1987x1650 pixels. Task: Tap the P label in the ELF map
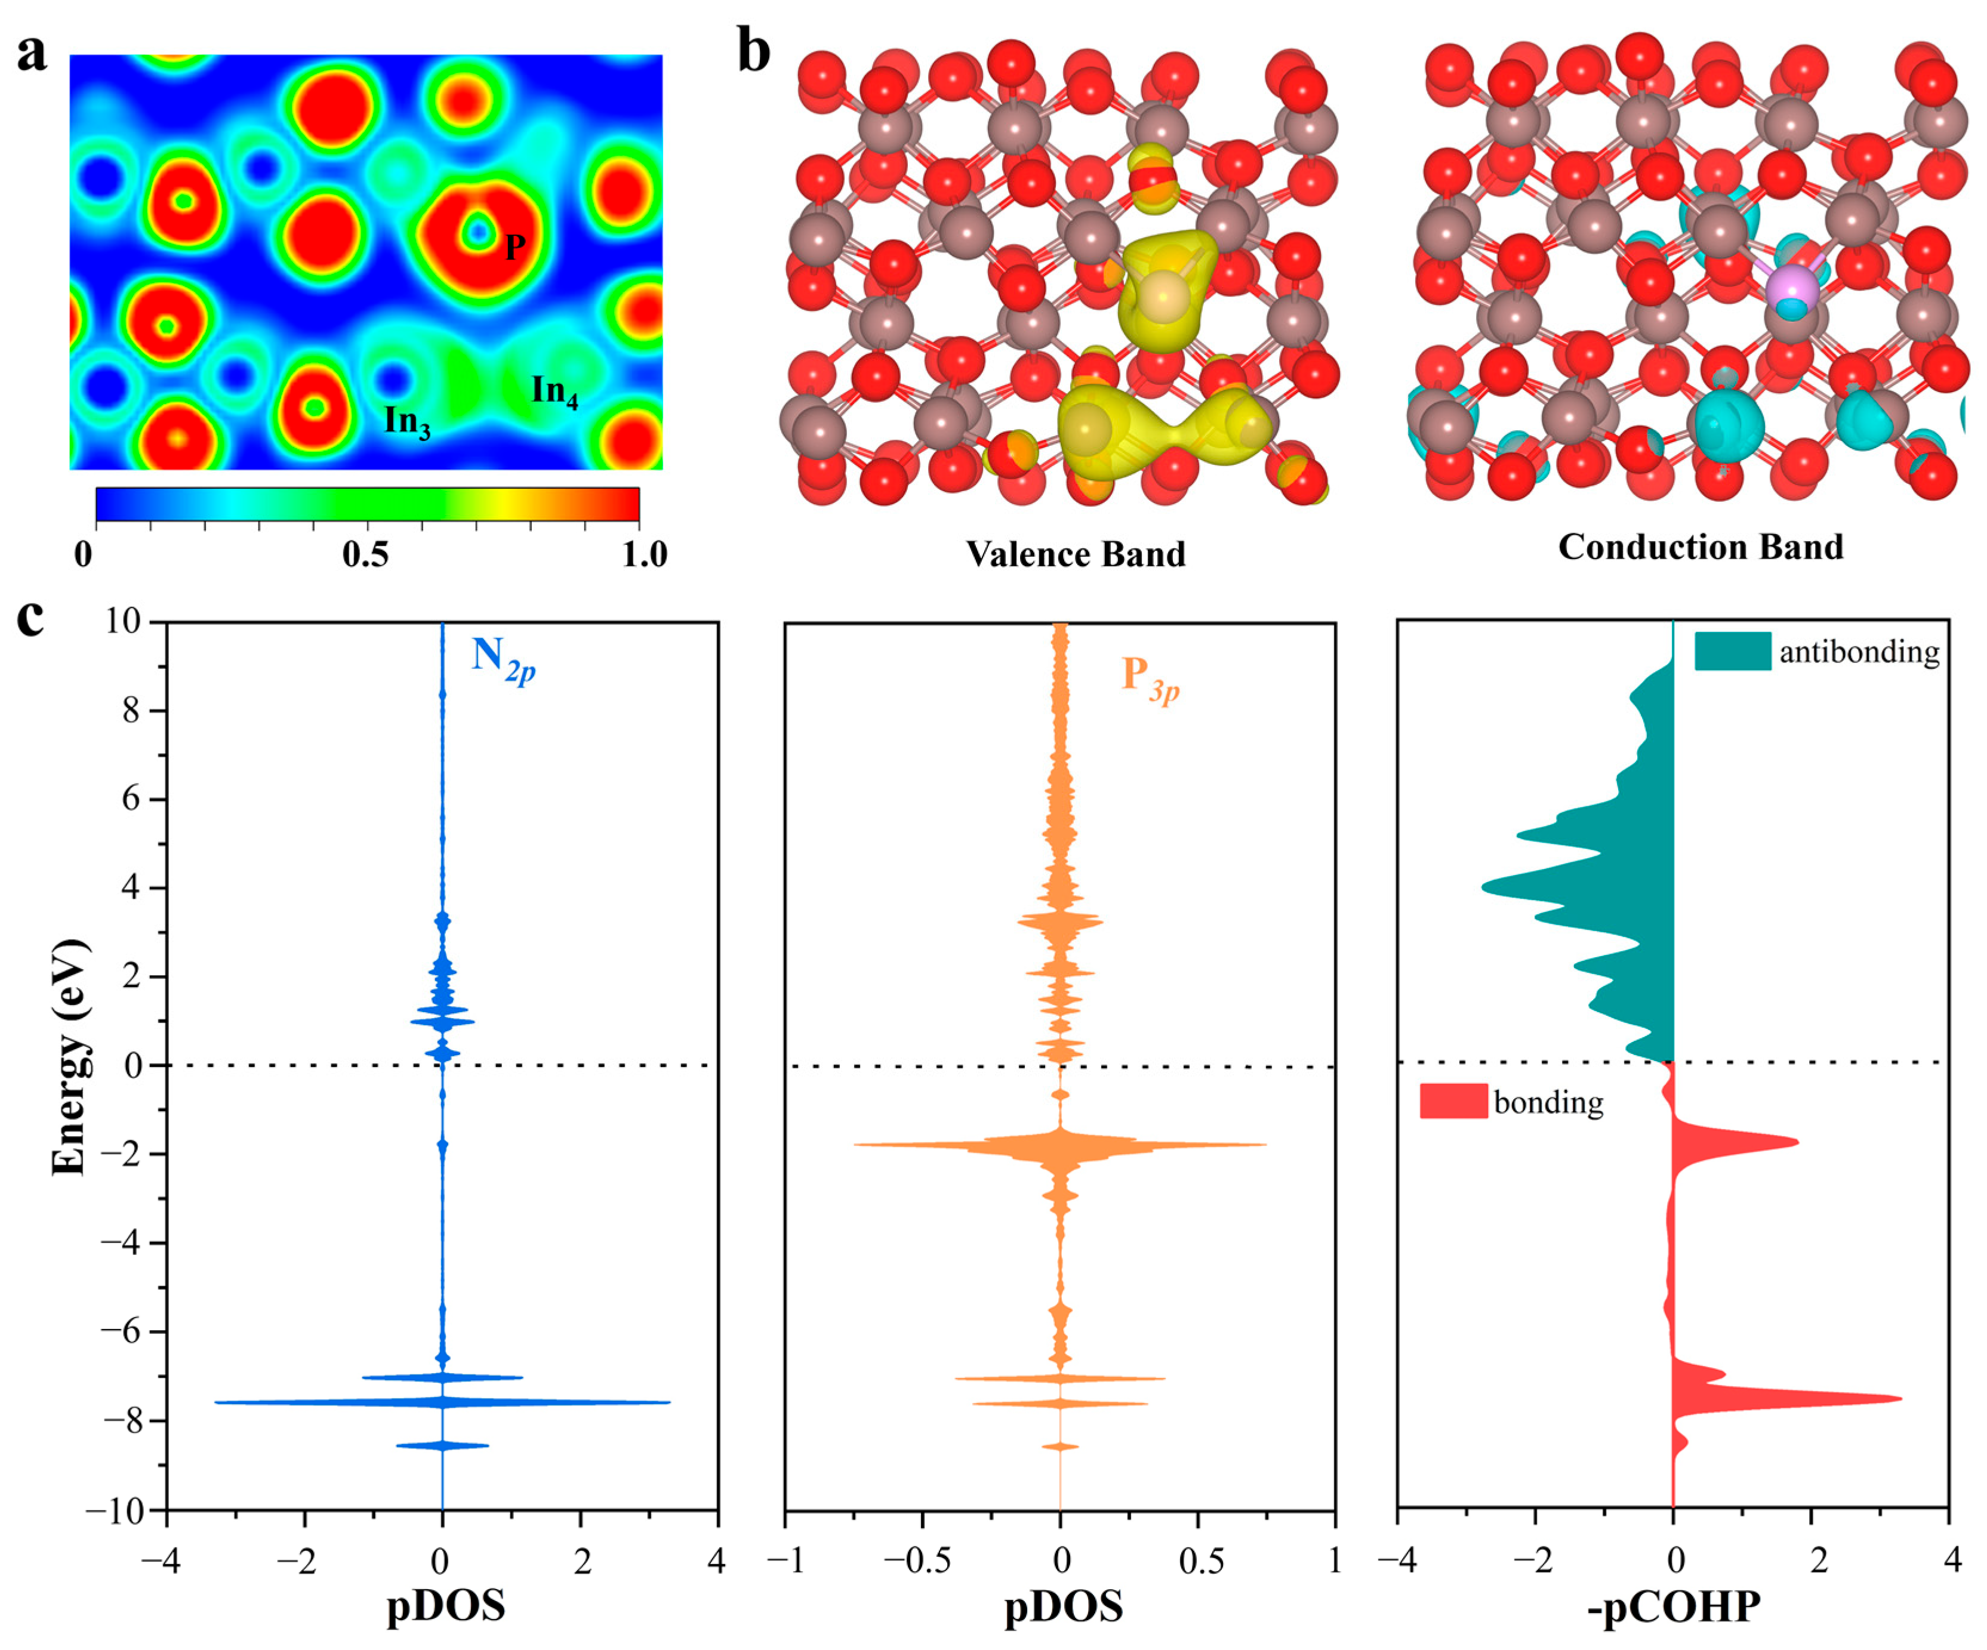515,247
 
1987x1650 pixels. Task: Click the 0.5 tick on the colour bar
365,554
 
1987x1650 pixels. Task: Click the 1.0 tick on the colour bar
643,554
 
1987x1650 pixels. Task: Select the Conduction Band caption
1700,547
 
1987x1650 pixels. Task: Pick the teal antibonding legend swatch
1732,651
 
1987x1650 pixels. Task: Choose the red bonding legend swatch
1453,1101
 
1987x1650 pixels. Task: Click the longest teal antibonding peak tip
1483,887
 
